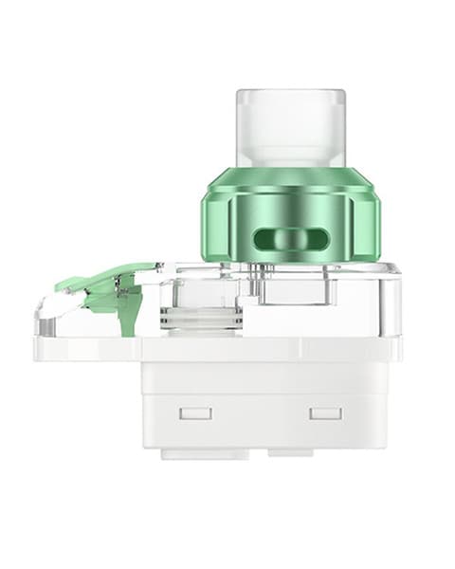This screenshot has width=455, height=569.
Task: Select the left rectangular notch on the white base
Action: (x=195, y=413)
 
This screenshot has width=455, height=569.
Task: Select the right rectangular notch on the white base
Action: (x=325, y=413)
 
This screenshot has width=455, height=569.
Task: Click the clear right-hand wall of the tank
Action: (x=390, y=303)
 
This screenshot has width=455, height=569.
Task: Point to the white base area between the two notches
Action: (x=261, y=413)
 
